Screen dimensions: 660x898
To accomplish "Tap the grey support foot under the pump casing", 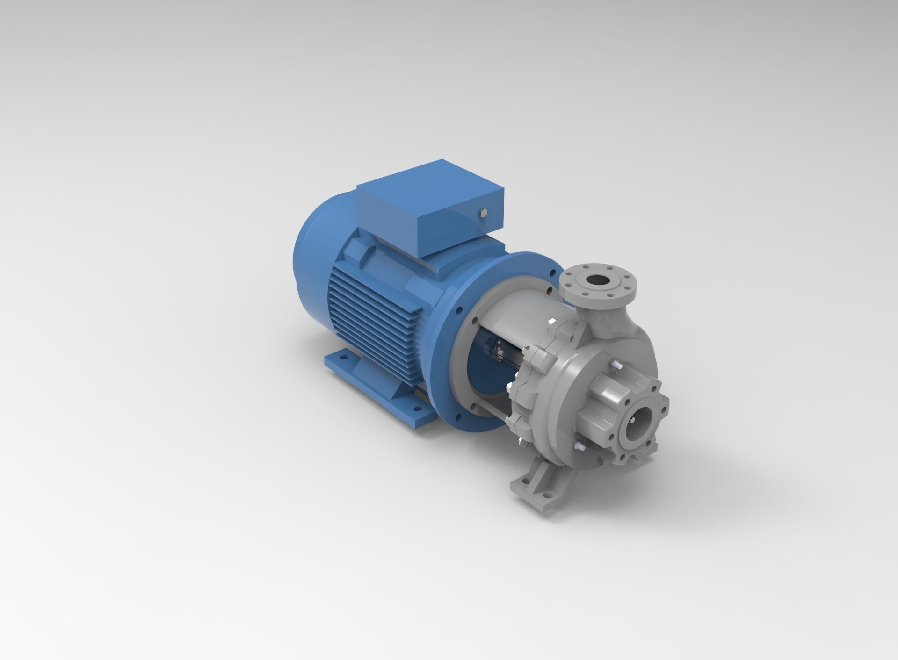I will click(543, 481).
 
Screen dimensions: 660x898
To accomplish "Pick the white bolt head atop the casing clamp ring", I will click(552, 322).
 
